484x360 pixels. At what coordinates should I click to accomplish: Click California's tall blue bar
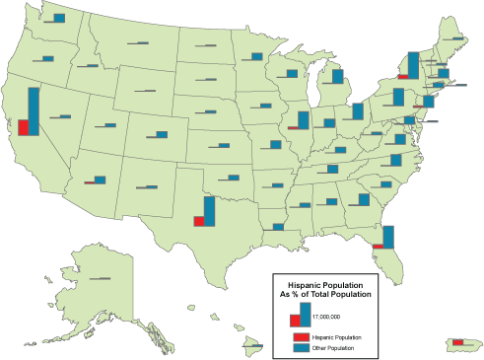pos(33,112)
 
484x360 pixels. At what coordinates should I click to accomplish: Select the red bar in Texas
pos(199,221)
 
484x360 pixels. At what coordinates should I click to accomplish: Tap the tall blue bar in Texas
pos(209,211)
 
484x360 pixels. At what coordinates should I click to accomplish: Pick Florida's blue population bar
pos(388,237)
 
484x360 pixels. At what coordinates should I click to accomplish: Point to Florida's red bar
pos(378,246)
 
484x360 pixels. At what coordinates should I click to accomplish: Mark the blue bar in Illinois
pos(305,119)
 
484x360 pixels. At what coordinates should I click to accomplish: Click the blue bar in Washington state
pos(59,18)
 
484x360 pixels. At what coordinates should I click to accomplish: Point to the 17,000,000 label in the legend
pos(326,317)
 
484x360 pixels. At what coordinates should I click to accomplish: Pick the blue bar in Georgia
pos(365,199)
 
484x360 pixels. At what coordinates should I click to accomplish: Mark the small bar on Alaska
pos(100,279)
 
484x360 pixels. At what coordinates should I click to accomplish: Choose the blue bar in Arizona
pos(100,180)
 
